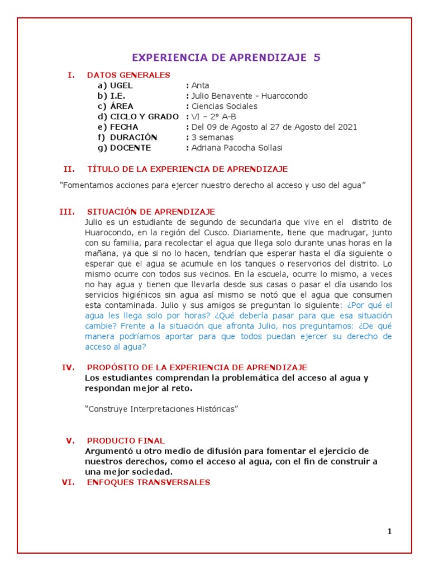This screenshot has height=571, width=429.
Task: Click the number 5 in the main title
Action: [317, 57]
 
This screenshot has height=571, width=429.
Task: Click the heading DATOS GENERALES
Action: [128, 75]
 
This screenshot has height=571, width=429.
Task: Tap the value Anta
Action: [200, 86]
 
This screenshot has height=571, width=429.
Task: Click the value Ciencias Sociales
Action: [225, 107]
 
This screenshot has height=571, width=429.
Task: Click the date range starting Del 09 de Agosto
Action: [274, 127]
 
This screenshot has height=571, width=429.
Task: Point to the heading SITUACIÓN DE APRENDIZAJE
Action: [151, 212]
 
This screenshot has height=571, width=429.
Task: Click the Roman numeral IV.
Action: [68, 367]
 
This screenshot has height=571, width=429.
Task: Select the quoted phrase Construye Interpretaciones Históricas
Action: [161, 409]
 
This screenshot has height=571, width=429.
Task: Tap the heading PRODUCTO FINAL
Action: [126, 441]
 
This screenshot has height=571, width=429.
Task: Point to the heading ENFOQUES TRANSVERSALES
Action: [149, 482]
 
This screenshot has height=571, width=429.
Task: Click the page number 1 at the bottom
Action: [389, 531]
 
